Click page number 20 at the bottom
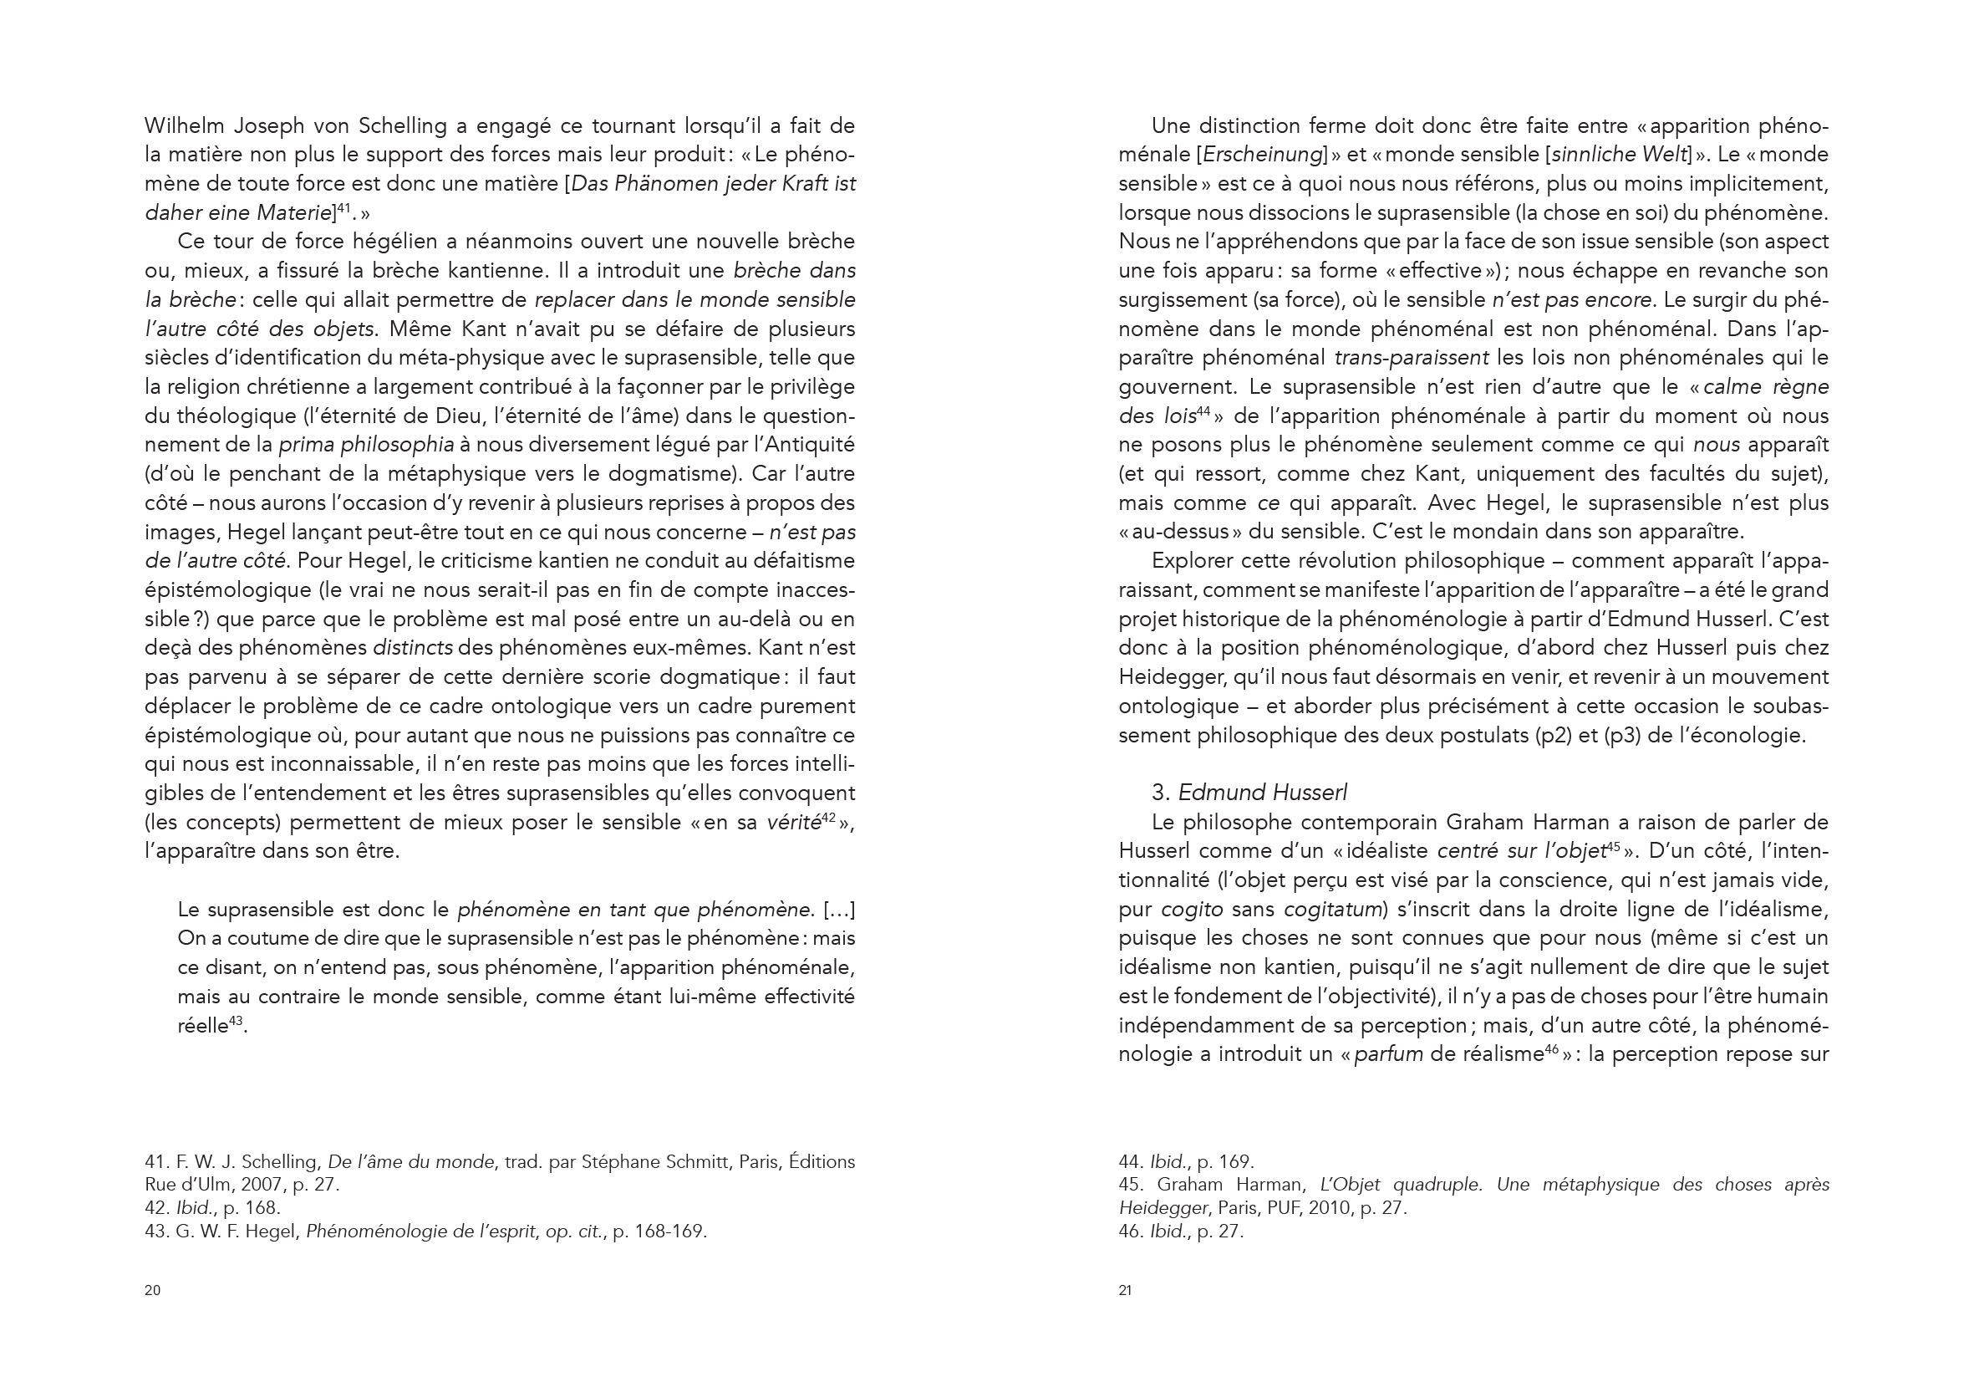pos(152,1290)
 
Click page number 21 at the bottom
pos(1126,1290)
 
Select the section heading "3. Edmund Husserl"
pos(1249,792)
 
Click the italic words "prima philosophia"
pos(366,446)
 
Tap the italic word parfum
pos(1388,1054)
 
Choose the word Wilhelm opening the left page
pos(181,126)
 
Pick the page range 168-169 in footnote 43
pos(669,1232)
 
